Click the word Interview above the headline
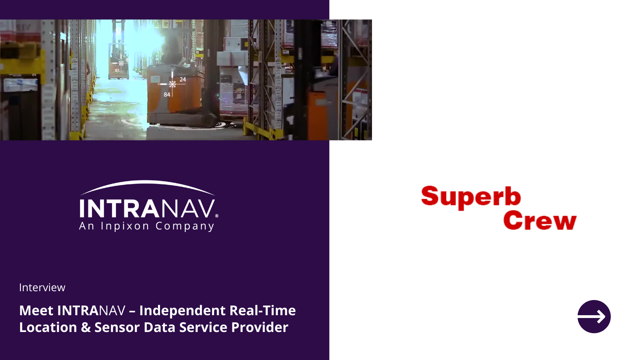point(42,288)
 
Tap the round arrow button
point(594,316)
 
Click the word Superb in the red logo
point(471,198)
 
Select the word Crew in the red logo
point(540,220)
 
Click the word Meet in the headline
point(36,310)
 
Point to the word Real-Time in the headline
point(262,310)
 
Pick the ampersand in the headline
point(86,328)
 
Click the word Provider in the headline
point(260,328)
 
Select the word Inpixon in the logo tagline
point(125,226)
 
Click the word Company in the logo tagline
point(185,226)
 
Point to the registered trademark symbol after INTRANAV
point(216,216)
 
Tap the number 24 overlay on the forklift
point(182,80)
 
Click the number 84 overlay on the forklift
point(167,94)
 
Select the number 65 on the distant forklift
point(117,70)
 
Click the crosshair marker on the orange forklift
point(172,84)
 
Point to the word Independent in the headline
point(182,310)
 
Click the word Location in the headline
point(48,328)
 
